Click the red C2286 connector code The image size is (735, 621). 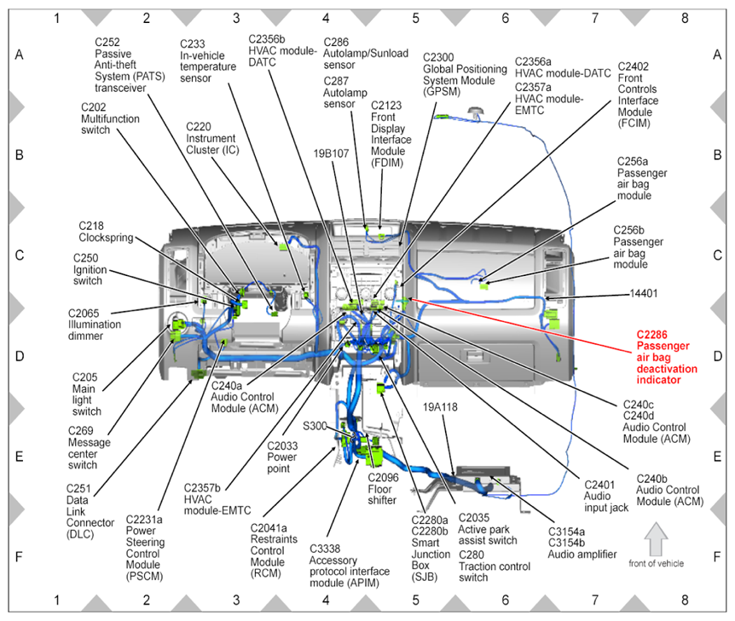point(651,335)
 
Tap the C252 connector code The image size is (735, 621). point(107,42)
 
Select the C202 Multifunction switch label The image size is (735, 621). point(110,118)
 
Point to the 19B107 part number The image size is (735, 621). point(331,153)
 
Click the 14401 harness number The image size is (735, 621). point(644,294)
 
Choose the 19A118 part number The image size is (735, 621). point(440,407)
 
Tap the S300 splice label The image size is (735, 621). point(315,426)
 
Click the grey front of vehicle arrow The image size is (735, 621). point(656,539)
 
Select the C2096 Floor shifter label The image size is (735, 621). point(383,489)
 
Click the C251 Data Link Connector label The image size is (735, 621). point(90,511)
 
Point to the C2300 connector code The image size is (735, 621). point(438,58)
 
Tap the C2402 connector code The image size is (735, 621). point(634,66)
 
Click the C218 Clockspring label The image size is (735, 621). point(106,232)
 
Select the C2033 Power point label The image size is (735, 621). point(282,457)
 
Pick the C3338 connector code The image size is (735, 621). point(325,549)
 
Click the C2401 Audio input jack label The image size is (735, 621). point(606,496)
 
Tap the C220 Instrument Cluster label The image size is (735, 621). point(212,138)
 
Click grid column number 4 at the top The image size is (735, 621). point(326,18)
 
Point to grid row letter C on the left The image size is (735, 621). point(20,256)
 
